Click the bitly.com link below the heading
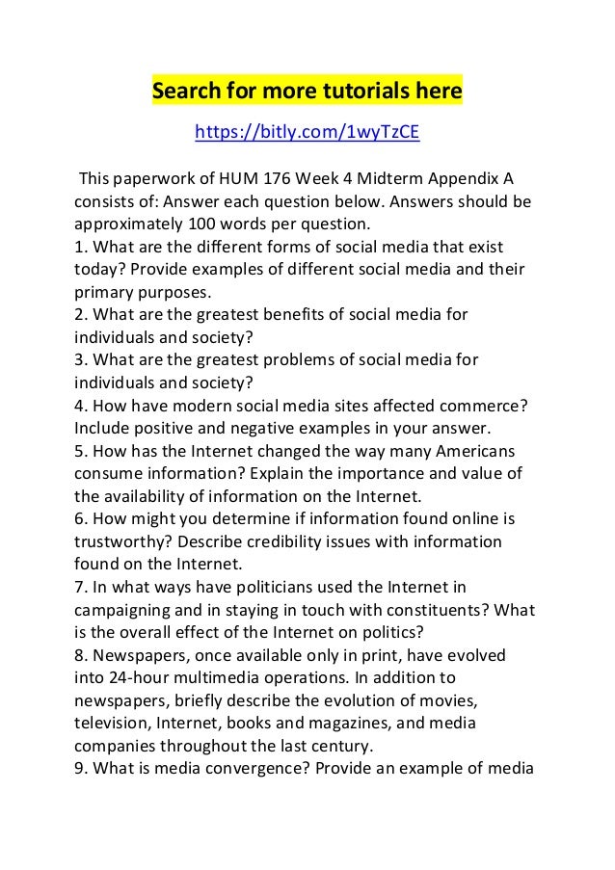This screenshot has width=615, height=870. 307,132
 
